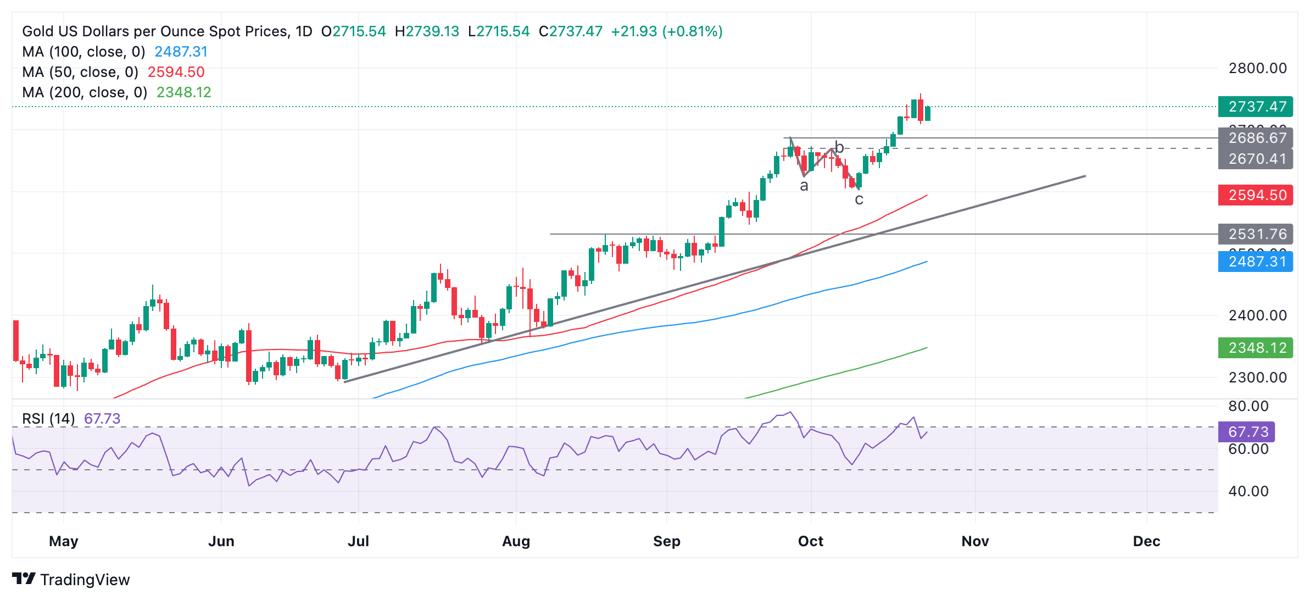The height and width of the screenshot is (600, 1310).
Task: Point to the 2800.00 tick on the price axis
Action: [1257, 69]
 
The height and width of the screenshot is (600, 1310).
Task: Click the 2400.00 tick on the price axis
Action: [1257, 315]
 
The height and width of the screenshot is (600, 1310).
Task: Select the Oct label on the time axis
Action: [810, 541]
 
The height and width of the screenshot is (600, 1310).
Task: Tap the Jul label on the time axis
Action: [358, 541]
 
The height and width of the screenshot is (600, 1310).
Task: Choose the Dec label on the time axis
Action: [1146, 541]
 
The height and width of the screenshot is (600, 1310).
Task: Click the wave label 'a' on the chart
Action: [804, 186]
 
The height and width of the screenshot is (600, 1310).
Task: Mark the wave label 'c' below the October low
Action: [859, 200]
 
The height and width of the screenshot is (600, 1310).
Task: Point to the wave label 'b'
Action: [839, 147]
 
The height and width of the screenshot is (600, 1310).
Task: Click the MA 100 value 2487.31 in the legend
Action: [181, 52]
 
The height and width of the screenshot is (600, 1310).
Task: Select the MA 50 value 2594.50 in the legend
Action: [176, 72]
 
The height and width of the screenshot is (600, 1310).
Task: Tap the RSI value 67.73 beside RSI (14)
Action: [102, 419]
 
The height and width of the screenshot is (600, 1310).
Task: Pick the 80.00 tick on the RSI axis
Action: [1248, 406]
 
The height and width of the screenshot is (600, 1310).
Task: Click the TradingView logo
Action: [71, 580]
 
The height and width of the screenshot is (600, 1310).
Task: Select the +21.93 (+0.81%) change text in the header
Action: [666, 31]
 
